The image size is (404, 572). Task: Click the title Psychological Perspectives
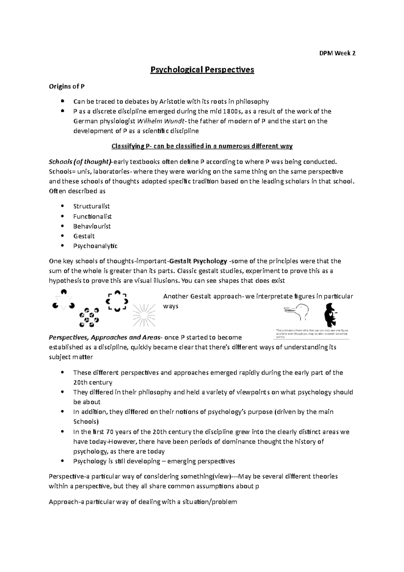[x=202, y=70]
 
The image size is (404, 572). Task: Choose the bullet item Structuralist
[x=91, y=206]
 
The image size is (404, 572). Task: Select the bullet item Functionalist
[x=92, y=216]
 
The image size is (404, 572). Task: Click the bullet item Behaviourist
[x=92, y=226]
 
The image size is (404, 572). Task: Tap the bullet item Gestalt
[x=84, y=236]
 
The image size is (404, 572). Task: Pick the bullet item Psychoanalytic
[x=95, y=246]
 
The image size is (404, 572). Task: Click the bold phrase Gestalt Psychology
[x=198, y=261]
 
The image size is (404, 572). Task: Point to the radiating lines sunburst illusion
[x=144, y=315]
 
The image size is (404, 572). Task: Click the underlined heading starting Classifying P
[x=202, y=146]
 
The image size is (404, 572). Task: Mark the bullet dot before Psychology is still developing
[x=62, y=461]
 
